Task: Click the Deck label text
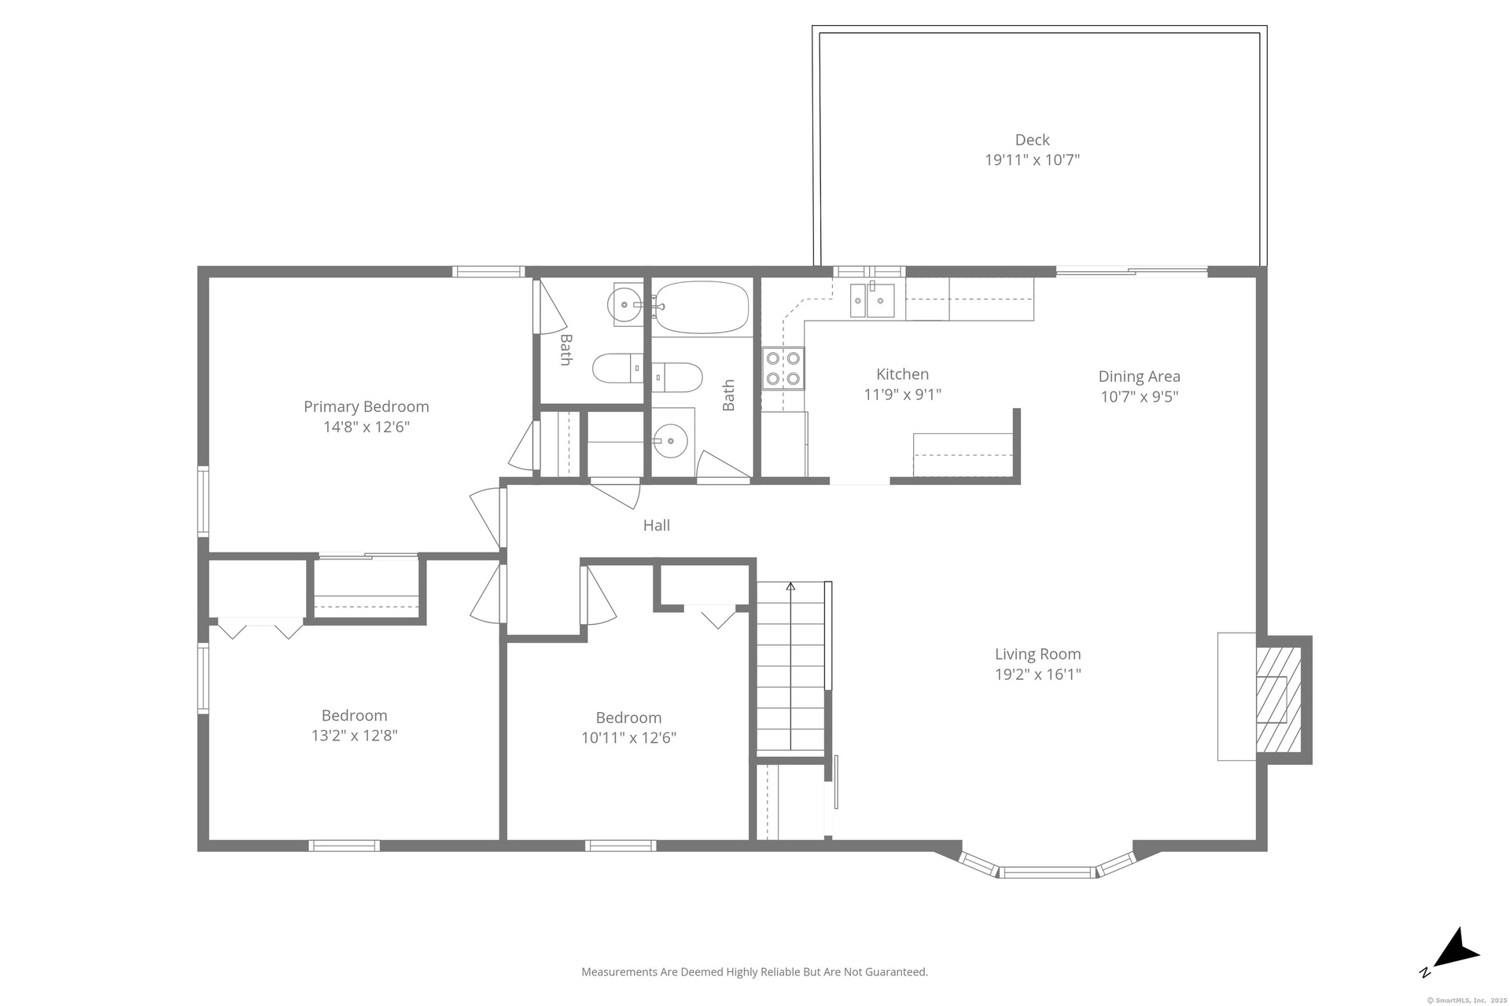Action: pos(1032,140)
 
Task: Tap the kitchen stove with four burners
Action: pos(783,369)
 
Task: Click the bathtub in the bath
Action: pos(702,307)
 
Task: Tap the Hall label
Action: pos(657,525)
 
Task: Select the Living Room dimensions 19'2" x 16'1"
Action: pos(1038,674)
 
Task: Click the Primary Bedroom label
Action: pos(366,406)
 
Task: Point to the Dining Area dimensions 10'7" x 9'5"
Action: pos(1139,396)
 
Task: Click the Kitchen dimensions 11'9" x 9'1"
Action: pos(902,395)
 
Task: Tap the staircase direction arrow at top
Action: pos(790,586)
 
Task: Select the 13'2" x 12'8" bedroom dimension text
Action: pos(355,736)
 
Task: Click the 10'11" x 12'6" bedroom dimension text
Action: pos(628,738)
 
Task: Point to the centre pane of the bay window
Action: pos(1047,872)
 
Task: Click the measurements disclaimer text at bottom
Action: pos(754,972)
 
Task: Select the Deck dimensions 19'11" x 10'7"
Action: pos(1032,160)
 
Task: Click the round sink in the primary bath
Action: pos(626,303)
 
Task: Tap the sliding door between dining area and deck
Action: pos(1131,272)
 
